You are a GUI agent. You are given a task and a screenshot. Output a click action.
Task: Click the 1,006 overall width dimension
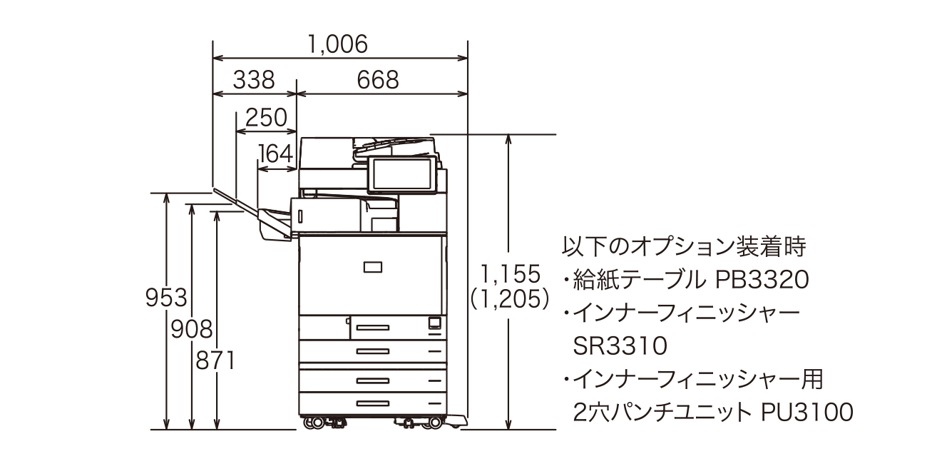[x=338, y=44]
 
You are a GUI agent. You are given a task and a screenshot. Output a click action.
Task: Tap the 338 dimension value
[x=254, y=80]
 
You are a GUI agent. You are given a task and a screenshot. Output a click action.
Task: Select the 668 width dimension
[x=378, y=80]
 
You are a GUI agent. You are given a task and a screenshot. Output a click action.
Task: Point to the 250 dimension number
[x=266, y=118]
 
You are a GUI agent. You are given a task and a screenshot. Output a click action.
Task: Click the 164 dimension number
[x=276, y=154]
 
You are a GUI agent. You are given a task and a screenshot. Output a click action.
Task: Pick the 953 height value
[x=166, y=298]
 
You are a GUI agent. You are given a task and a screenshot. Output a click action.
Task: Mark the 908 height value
[x=192, y=330]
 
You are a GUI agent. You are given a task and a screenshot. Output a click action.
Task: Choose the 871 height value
[x=215, y=360]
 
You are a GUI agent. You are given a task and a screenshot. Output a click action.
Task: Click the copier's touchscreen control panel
[x=402, y=175]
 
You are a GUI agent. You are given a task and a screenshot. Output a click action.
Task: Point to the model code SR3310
[x=620, y=346]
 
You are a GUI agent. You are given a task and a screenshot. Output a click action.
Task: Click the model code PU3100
[x=806, y=412]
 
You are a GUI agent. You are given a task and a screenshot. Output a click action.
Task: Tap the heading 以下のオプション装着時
[x=684, y=247]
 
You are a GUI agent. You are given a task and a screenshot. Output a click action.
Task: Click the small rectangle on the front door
[x=372, y=267]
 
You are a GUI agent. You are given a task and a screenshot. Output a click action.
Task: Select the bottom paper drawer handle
[x=372, y=403]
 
